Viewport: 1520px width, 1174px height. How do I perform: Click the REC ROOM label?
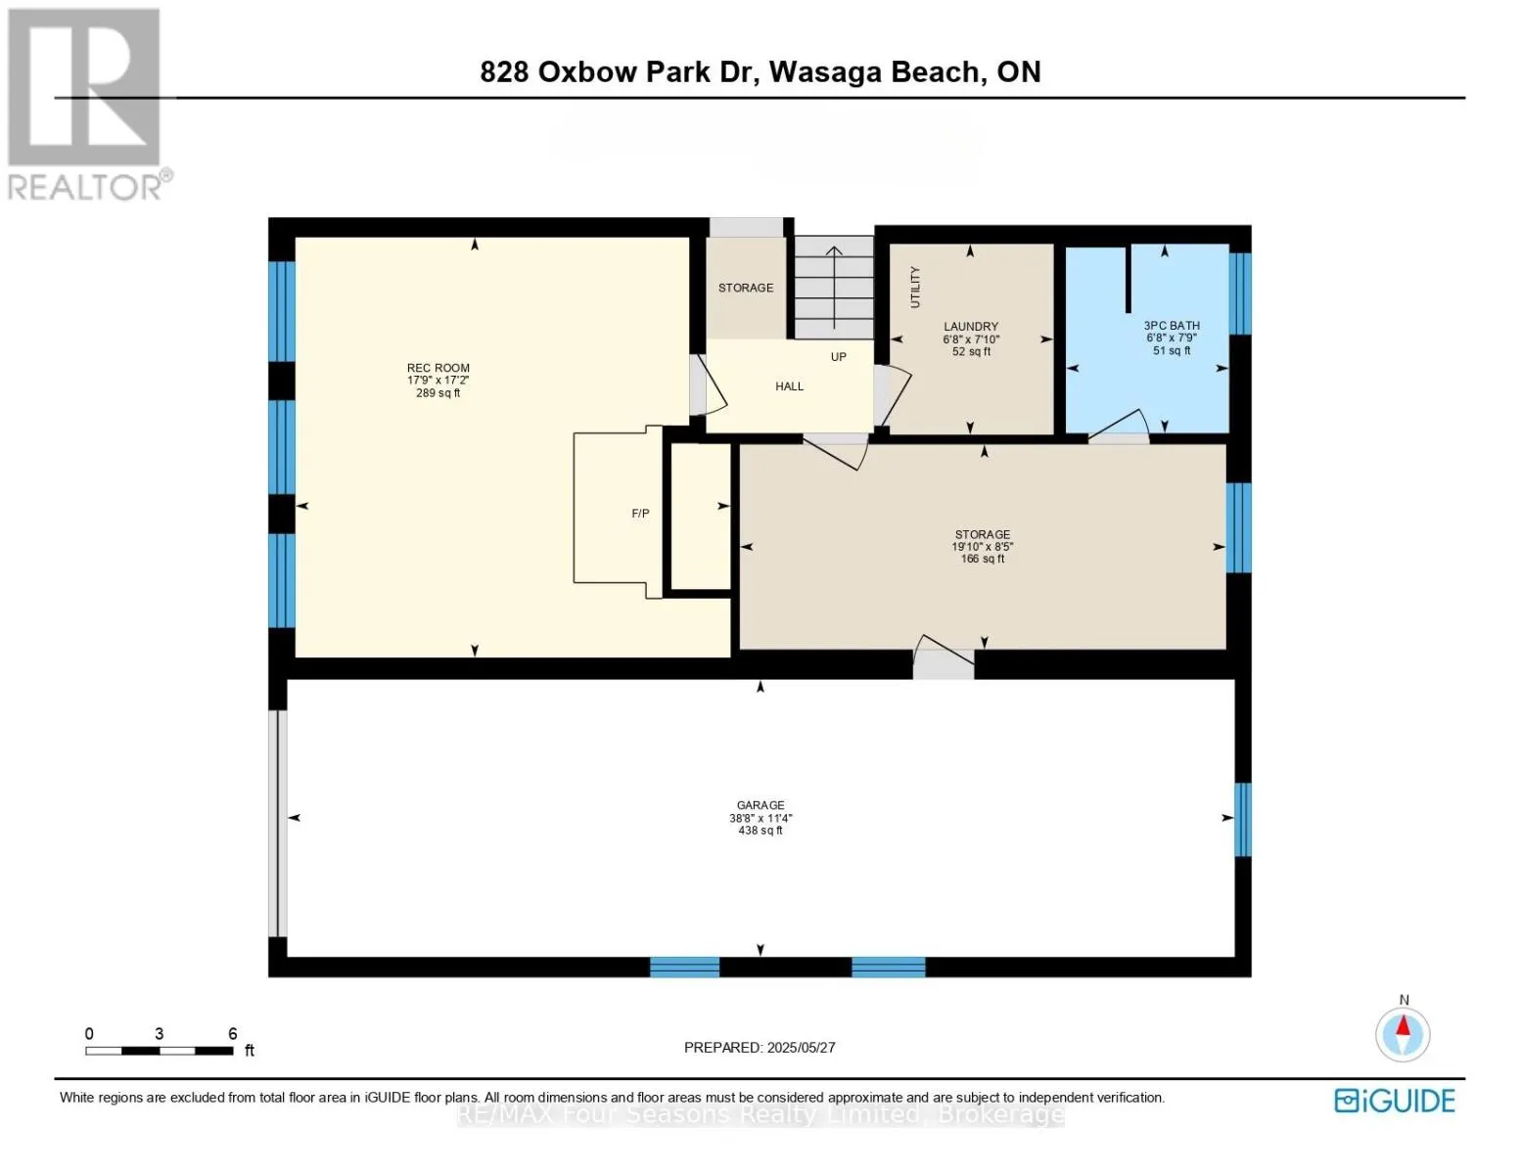(x=438, y=368)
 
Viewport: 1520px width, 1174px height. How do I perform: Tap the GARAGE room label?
(x=760, y=805)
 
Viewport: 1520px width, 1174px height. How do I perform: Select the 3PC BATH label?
(x=1172, y=326)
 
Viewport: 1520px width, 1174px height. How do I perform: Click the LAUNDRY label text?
(x=971, y=327)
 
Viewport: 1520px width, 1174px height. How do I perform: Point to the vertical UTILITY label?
(x=916, y=287)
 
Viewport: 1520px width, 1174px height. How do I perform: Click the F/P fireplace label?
(x=640, y=514)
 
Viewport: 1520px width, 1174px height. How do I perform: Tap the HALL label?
(x=789, y=386)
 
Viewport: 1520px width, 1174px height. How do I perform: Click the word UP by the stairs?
(x=839, y=357)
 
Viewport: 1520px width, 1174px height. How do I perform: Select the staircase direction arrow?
(x=833, y=284)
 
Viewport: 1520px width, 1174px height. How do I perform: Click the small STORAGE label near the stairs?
(x=746, y=288)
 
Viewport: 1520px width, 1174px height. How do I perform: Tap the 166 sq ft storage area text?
(x=982, y=560)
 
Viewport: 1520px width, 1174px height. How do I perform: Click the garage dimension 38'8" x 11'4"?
(x=760, y=818)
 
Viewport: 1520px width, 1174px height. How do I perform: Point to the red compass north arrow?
(x=1403, y=1028)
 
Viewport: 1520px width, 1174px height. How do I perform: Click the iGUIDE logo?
(x=1395, y=1101)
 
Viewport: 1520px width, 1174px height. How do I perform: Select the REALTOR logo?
(x=86, y=103)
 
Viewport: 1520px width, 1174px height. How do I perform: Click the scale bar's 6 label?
(x=233, y=1034)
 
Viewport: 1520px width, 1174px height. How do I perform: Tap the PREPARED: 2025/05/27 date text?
(x=760, y=1048)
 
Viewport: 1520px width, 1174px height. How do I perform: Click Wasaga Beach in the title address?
(x=877, y=72)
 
